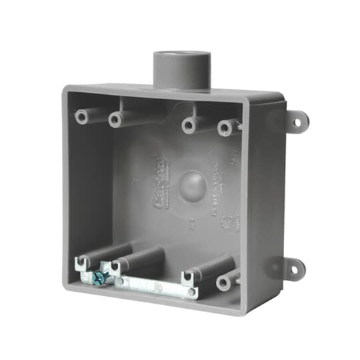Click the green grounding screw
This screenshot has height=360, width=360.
click(x=100, y=276)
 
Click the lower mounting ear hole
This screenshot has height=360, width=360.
click(x=294, y=269)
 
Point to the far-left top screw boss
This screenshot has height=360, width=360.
click(x=82, y=116)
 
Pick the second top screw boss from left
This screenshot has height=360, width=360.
click(x=115, y=120)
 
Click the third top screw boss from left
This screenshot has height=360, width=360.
click(x=188, y=125)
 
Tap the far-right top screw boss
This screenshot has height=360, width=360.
click(x=224, y=128)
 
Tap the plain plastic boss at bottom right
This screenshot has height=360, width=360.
click(x=224, y=282)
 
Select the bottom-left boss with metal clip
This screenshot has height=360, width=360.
click(x=82, y=264)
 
